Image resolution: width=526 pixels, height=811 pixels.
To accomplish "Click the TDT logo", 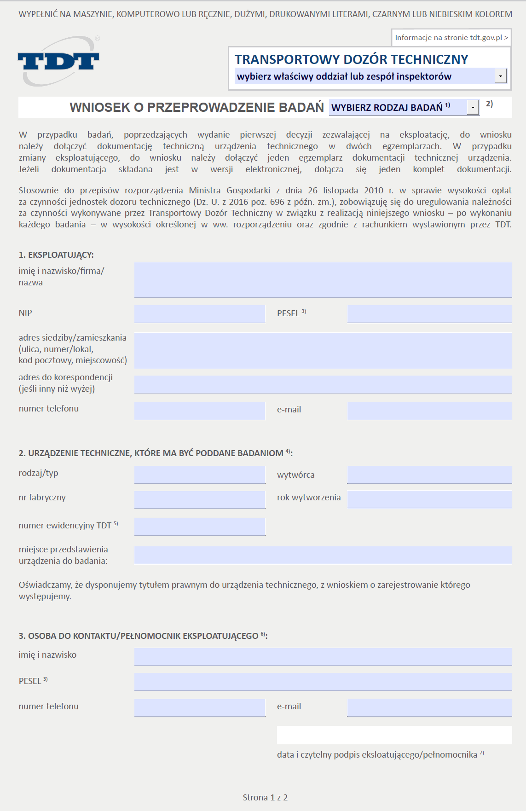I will coord(58,62).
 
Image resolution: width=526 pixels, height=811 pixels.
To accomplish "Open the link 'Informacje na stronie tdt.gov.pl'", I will coord(451,38).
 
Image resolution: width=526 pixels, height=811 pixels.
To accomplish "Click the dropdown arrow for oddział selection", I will coord(500,76).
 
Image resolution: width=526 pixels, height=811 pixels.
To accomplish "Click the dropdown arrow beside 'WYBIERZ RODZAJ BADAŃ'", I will coord(473,108).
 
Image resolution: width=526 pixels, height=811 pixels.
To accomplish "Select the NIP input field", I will coord(200,314).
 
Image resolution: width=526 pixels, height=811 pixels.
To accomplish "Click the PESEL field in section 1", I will coord(429,314).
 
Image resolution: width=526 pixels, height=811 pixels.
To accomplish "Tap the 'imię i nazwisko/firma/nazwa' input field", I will coord(323,280).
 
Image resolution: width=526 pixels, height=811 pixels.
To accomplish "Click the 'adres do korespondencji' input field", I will coord(323,384).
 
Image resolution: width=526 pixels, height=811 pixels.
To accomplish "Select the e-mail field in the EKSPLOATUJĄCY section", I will coord(429,411).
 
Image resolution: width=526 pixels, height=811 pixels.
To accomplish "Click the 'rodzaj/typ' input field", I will coord(200,475).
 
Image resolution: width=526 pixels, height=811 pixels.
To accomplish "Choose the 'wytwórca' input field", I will coord(429,475).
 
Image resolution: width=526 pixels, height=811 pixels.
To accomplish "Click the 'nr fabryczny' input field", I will coord(200,499).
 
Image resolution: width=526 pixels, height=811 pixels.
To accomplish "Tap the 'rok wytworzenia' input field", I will coord(429,499).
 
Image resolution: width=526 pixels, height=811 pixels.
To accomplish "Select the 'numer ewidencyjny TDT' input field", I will coord(200,527).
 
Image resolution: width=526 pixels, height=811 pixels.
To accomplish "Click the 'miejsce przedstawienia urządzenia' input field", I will coord(323,555).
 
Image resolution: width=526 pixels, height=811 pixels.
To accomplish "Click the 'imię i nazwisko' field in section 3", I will coord(323,657).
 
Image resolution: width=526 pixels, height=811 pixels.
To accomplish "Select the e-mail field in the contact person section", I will coord(429,707).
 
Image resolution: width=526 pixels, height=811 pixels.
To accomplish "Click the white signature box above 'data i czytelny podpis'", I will coord(394,735).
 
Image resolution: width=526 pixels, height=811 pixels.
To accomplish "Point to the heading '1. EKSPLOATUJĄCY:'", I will coord(56,255).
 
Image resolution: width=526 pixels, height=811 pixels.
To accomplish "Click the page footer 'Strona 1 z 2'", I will coord(265,798).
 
